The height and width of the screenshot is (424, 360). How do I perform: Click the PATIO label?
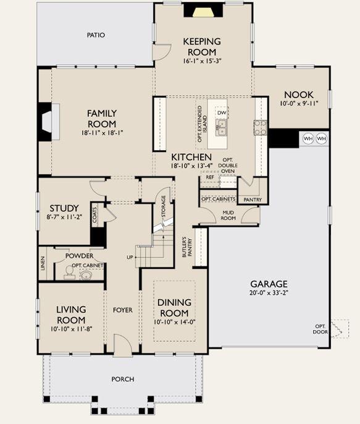96,35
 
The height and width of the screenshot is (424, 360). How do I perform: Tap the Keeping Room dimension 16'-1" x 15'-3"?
202,61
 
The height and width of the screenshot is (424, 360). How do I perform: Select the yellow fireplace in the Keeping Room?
204,12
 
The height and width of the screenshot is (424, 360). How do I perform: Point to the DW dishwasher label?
222,112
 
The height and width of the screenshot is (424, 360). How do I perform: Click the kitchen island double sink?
221,127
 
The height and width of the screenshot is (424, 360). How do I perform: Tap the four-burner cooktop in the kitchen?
261,127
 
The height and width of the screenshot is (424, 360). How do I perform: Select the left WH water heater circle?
308,138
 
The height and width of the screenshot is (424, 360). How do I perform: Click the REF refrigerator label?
210,177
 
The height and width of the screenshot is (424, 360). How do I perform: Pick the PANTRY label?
253,200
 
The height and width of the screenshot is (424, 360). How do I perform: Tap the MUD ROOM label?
228,215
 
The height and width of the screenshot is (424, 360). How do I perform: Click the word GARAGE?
269,284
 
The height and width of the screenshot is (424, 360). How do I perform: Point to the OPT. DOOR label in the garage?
320,329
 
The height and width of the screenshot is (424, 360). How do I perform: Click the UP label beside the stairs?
130,257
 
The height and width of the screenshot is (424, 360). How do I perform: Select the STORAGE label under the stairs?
164,206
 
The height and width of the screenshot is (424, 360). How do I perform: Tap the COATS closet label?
94,215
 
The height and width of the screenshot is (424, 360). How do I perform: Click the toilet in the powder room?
69,273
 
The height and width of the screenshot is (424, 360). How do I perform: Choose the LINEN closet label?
43,263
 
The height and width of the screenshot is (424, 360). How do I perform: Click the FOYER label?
123,310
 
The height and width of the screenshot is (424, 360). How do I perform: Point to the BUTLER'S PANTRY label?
187,247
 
